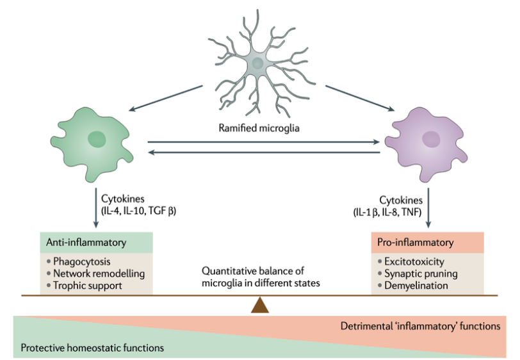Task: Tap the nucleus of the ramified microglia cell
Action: tap(258, 63)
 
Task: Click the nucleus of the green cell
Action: tap(97, 139)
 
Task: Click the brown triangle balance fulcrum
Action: tap(259, 305)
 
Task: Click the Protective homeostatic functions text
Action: tap(92, 348)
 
